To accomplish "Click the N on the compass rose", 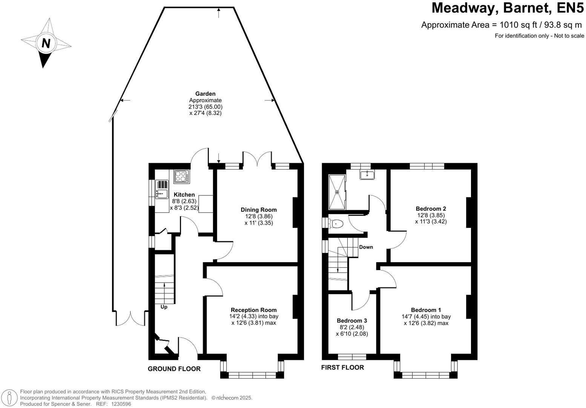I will [46, 43].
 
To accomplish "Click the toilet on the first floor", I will [336, 224].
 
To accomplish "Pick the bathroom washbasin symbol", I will [367, 174].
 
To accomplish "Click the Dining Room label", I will [259, 210].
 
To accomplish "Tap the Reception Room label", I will [254, 310].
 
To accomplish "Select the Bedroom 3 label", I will [352, 321].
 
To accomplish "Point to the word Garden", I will [205, 94].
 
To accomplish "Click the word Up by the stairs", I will [164, 307].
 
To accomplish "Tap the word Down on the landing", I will [366, 247].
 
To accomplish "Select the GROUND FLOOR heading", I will [174, 369].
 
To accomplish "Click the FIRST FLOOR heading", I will [342, 367].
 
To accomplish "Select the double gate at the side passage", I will [130, 319].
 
